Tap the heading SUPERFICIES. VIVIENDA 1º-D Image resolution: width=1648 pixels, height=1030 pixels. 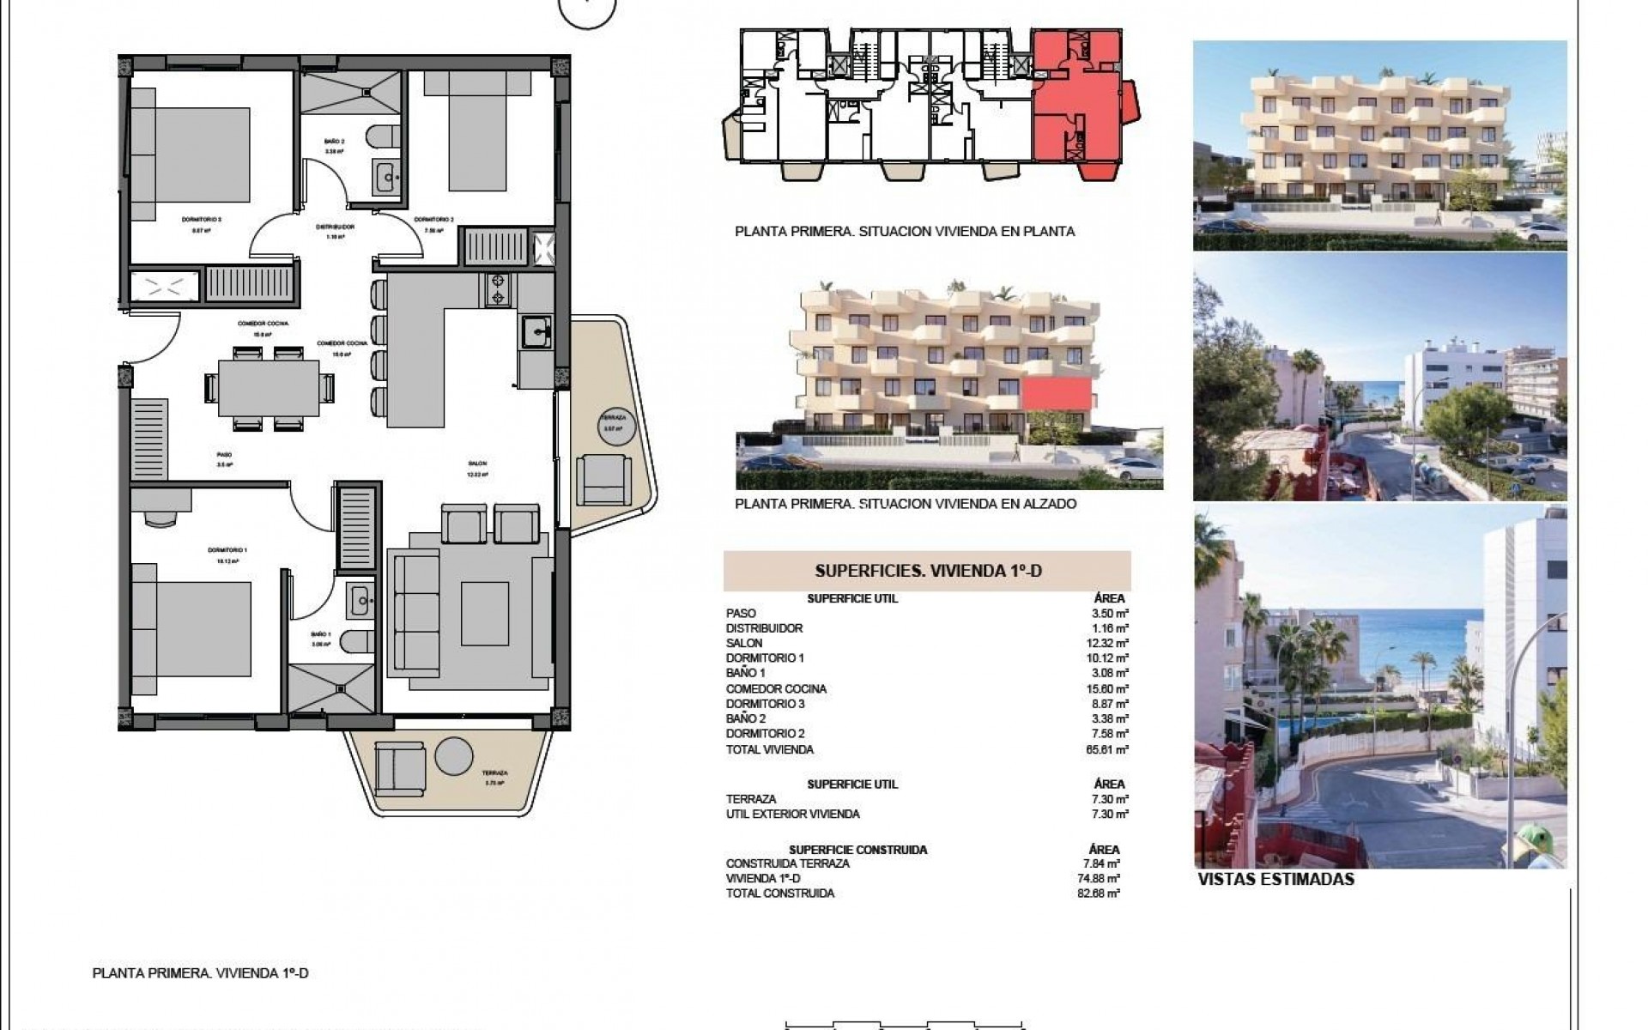(x=927, y=571)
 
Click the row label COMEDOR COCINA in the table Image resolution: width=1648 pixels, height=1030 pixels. (x=764, y=688)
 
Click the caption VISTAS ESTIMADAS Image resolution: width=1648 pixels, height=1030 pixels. (x=1275, y=880)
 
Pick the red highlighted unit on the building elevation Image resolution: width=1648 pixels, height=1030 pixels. (x=1056, y=396)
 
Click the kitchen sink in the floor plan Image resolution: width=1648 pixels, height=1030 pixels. (x=536, y=330)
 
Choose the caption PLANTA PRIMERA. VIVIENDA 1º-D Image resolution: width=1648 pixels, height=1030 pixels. (x=199, y=973)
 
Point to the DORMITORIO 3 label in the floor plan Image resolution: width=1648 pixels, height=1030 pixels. (x=202, y=219)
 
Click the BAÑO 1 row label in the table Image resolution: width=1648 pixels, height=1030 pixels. (x=745, y=673)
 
